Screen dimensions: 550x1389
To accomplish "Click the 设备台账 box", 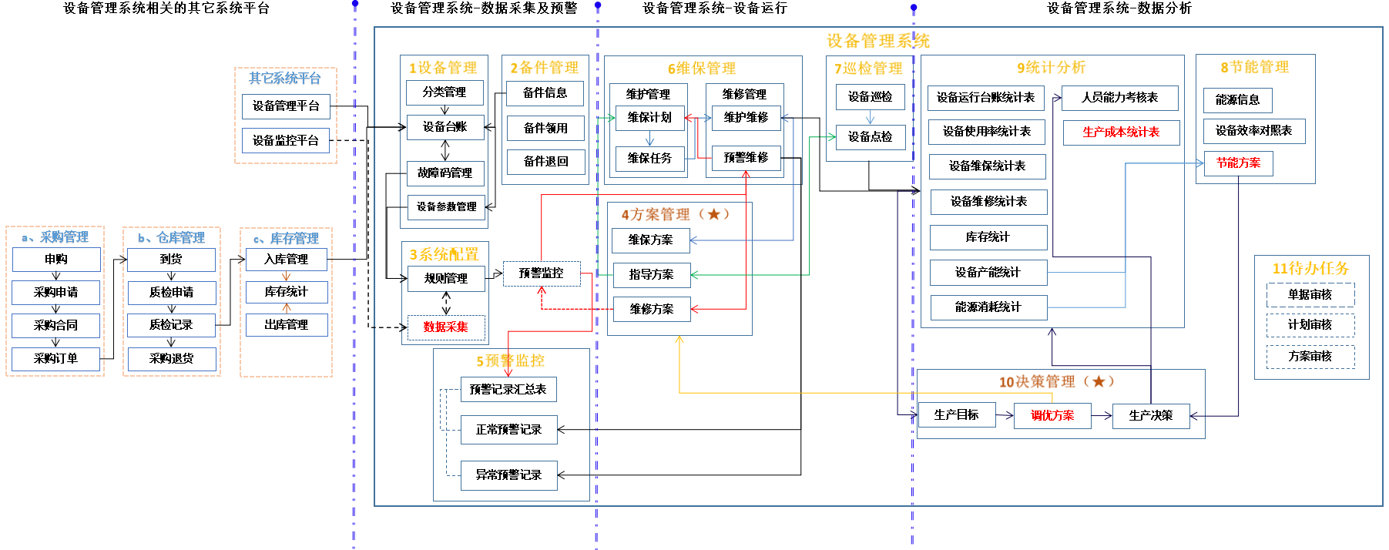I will coord(445,127).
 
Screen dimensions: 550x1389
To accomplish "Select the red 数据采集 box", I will coord(445,327).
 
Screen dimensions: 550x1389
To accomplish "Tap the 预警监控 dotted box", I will coord(541,273).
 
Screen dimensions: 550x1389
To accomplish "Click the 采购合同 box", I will coord(55,326).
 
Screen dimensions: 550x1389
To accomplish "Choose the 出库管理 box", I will coord(286,325).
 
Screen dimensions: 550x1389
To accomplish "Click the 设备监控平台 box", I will coord(285,141).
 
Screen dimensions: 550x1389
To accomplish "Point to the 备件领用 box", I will coord(545,129).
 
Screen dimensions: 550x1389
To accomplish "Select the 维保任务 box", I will coord(649,159).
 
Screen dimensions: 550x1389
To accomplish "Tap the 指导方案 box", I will coord(651,275).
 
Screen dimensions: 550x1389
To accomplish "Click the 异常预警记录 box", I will coord(508,475).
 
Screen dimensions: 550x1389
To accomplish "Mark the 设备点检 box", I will coord(870,137).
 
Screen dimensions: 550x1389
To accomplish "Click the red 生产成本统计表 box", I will coord(1121,132).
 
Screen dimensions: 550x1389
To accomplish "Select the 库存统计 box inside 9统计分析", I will coord(988,237).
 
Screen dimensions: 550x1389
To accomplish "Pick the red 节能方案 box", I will coord(1238,163).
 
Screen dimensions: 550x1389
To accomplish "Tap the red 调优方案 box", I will coord(1052,416).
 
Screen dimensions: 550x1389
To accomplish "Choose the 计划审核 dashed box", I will coord(1310,325).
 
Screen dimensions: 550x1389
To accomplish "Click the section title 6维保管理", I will coord(701,69).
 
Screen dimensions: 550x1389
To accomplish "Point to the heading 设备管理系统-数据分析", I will coord(1119,8).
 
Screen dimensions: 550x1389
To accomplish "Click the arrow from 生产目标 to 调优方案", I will coord(1005,416).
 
